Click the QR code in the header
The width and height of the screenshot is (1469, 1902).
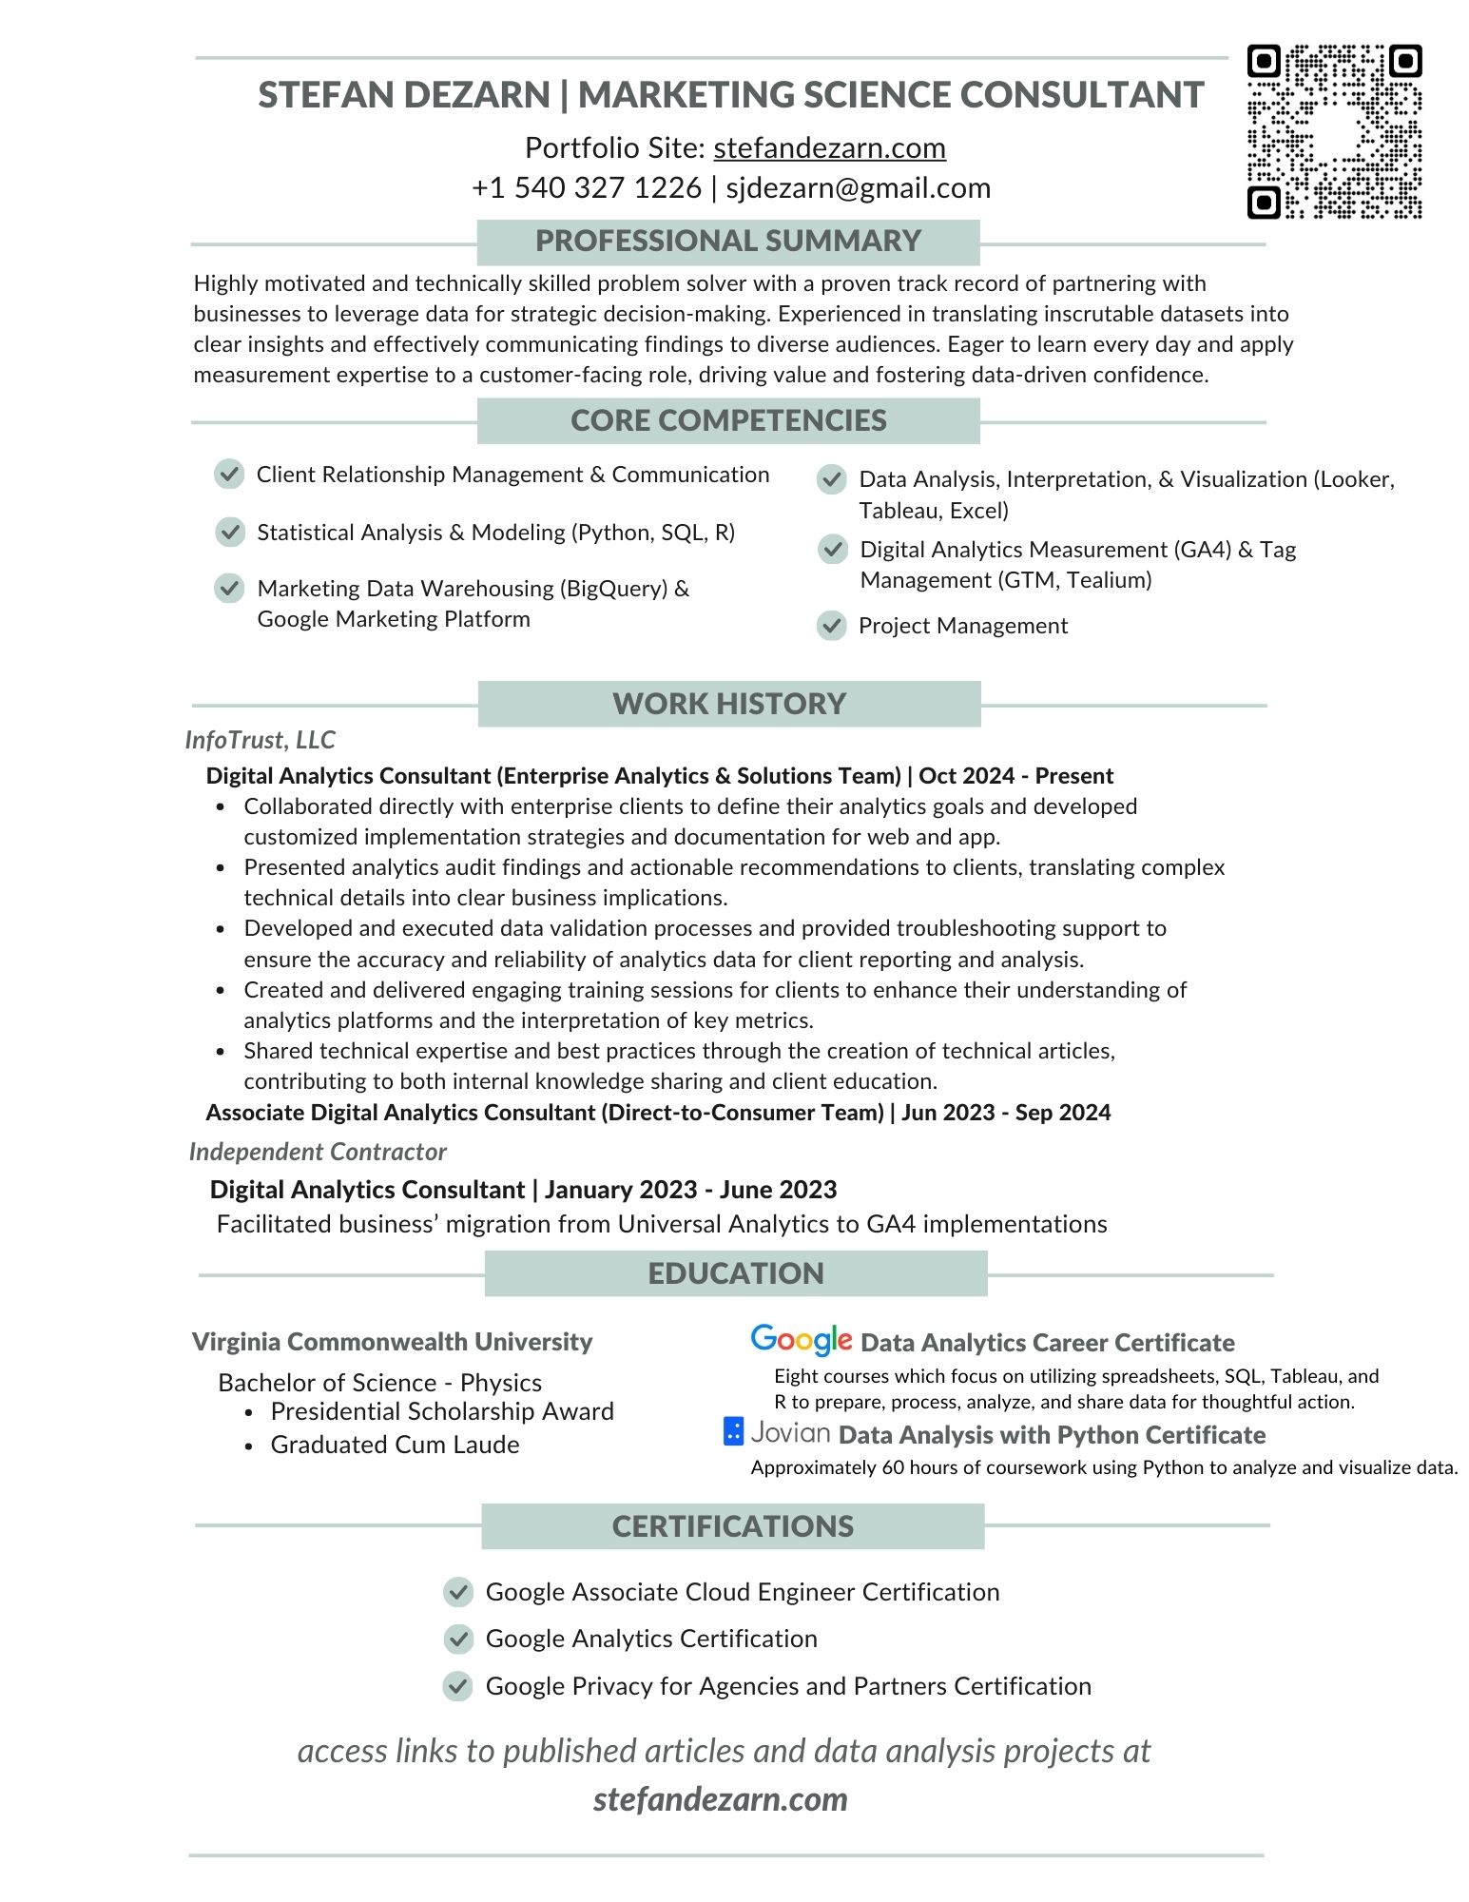coord(1334,131)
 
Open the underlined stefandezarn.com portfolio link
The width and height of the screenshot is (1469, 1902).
coord(829,148)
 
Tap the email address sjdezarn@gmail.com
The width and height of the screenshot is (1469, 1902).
coord(858,188)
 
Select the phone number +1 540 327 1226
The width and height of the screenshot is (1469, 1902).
coord(586,188)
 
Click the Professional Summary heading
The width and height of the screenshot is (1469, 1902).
coord(728,242)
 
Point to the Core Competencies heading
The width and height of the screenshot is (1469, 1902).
coord(728,420)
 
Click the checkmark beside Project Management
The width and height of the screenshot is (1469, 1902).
coord(832,626)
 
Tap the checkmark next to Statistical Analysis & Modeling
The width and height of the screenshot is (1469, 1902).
coord(230,533)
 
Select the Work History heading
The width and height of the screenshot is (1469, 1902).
coord(729,704)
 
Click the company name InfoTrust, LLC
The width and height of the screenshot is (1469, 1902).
coord(260,740)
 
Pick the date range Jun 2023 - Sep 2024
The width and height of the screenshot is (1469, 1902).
coord(1006,1113)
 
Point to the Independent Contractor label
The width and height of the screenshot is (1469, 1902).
coord(318,1152)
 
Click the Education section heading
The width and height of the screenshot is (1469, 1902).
coord(736,1273)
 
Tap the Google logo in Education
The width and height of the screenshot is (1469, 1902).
coord(801,1340)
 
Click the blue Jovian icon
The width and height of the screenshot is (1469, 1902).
coord(733,1431)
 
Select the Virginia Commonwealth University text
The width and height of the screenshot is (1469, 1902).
coord(392,1342)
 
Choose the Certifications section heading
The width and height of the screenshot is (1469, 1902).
coord(733,1526)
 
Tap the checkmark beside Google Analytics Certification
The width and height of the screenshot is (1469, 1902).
coord(458,1639)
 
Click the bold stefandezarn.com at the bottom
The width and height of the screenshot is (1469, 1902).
coord(720,1799)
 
